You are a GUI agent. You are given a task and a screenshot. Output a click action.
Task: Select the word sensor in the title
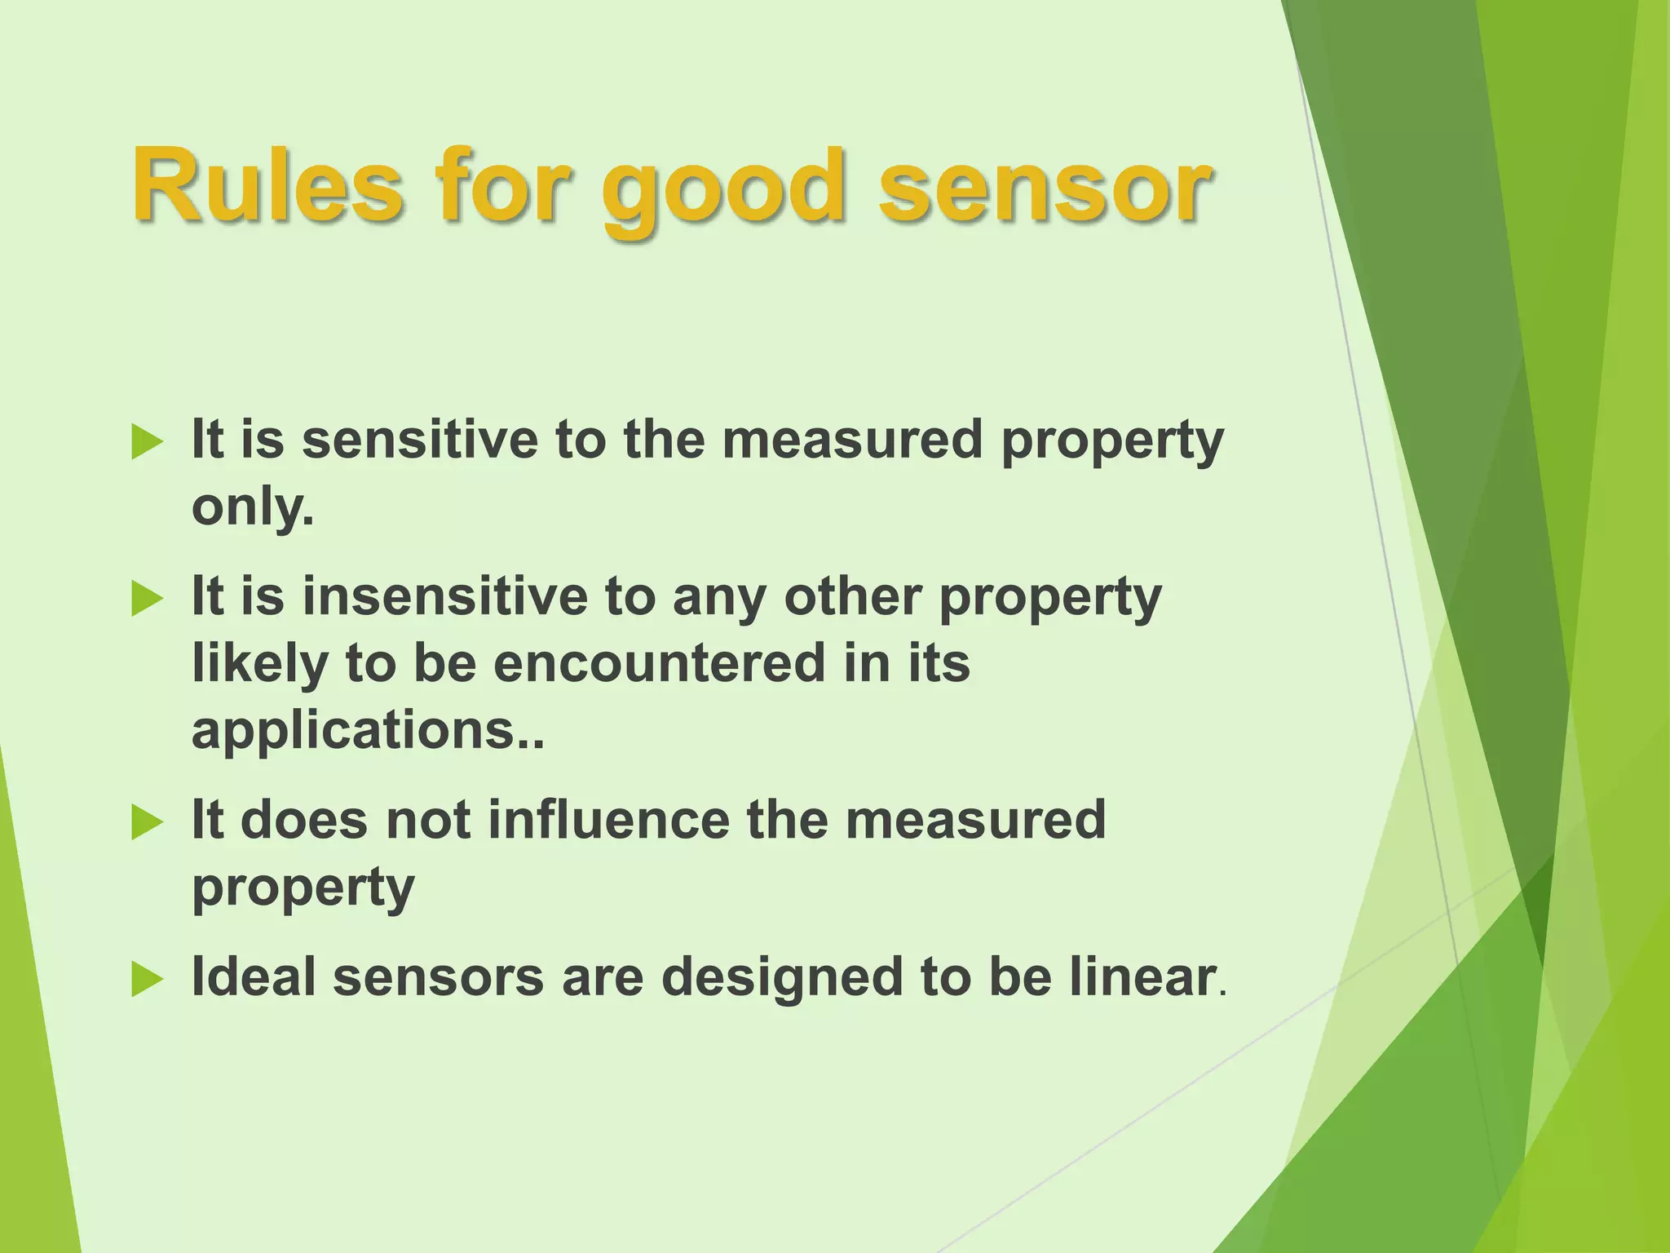pyautogui.click(x=1045, y=186)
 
